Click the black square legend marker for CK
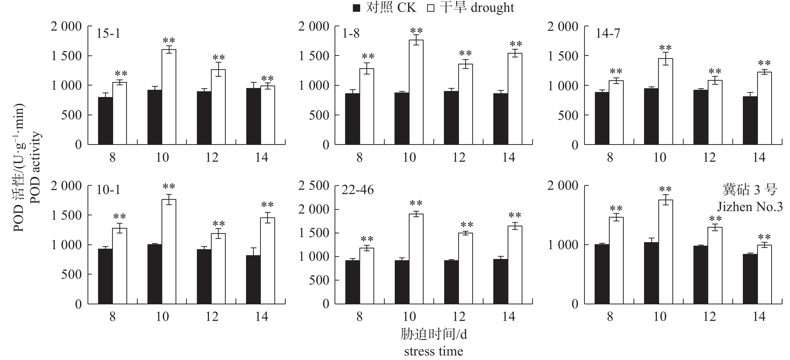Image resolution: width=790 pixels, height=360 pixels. pos(356,8)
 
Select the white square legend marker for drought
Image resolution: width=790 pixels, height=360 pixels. pos(431,8)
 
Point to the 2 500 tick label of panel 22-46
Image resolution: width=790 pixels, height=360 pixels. pos(314,186)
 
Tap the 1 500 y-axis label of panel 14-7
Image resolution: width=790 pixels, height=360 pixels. pos(563,56)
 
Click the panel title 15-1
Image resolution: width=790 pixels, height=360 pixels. pos(108,33)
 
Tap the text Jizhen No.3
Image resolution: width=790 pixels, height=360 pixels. pos(750,207)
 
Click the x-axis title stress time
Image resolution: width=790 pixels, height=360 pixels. pos(433,351)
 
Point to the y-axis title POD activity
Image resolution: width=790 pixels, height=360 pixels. pos(35,168)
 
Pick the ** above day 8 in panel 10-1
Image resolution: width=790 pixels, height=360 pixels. pos(119,217)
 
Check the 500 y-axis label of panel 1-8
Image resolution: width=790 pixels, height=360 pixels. pos(319,115)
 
